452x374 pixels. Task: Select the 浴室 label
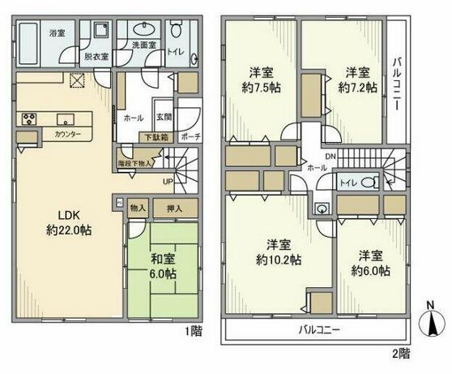click(x=57, y=34)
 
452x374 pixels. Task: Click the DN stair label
click(x=330, y=155)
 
